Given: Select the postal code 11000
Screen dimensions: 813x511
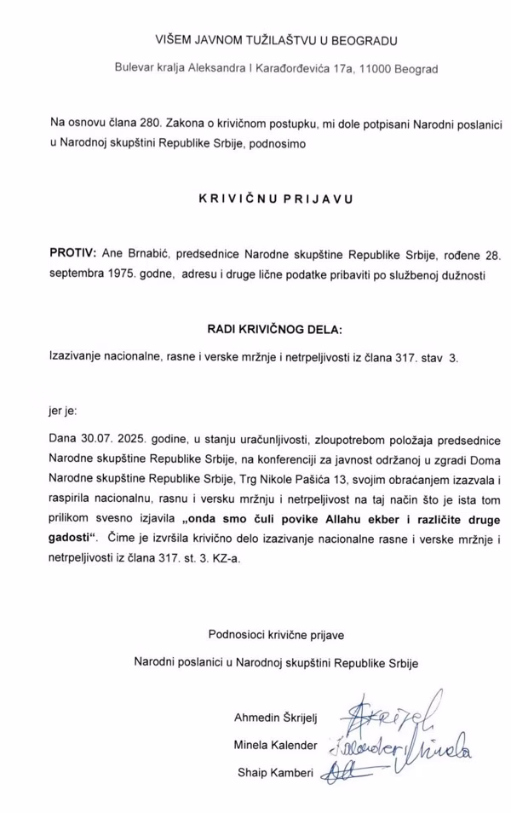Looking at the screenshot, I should [376, 68].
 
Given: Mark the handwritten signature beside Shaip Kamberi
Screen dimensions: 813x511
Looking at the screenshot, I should [353, 771].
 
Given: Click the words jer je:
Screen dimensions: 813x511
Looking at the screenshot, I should [65, 410].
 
